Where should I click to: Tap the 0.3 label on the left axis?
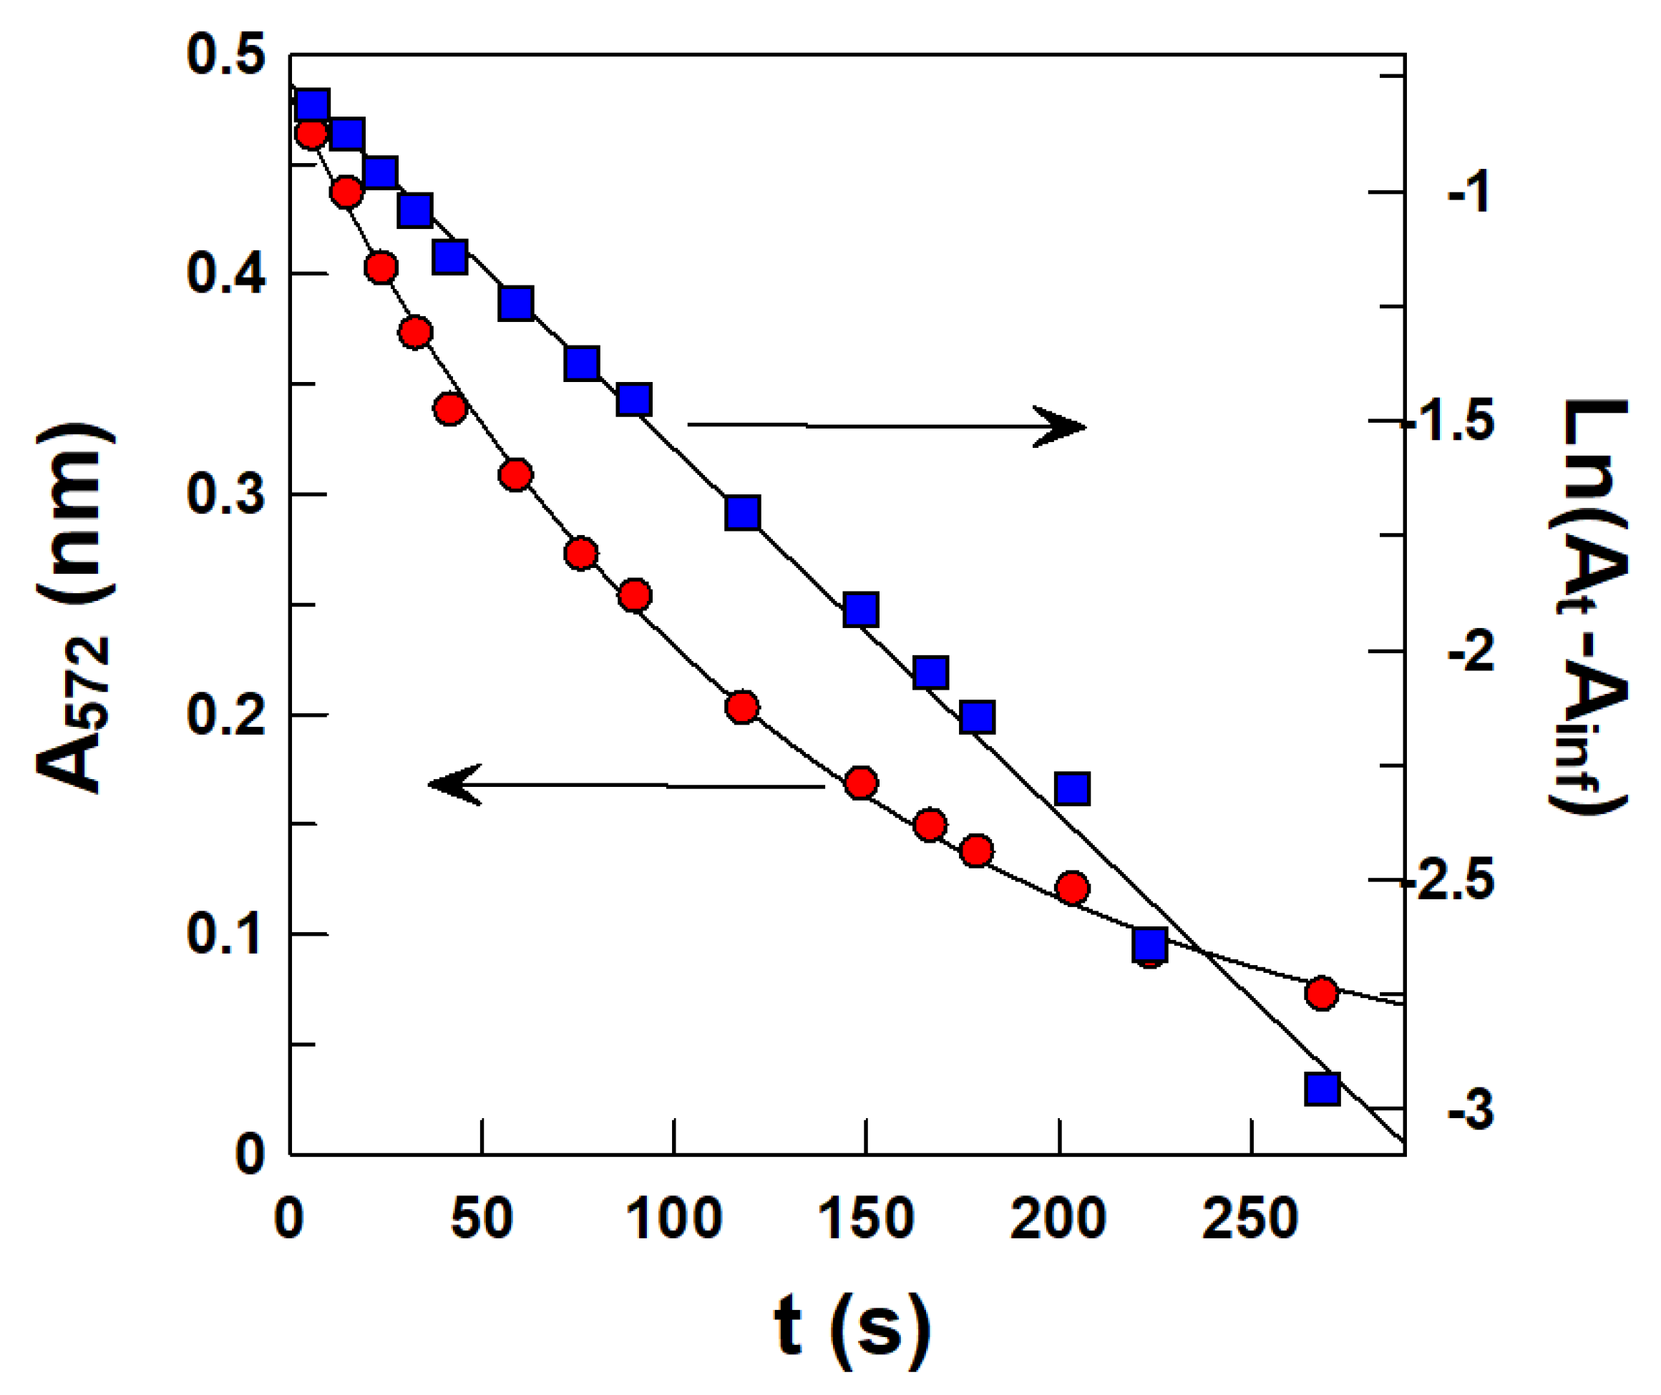point(225,496)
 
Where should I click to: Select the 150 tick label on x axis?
point(866,1218)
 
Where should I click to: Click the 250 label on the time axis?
point(1250,1218)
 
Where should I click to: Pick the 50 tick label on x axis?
point(482,1218)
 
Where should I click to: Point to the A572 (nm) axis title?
point(75,609)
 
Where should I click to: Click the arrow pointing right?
point(886,426)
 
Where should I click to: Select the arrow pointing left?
point(625,785)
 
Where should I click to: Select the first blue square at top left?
point(313,104)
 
